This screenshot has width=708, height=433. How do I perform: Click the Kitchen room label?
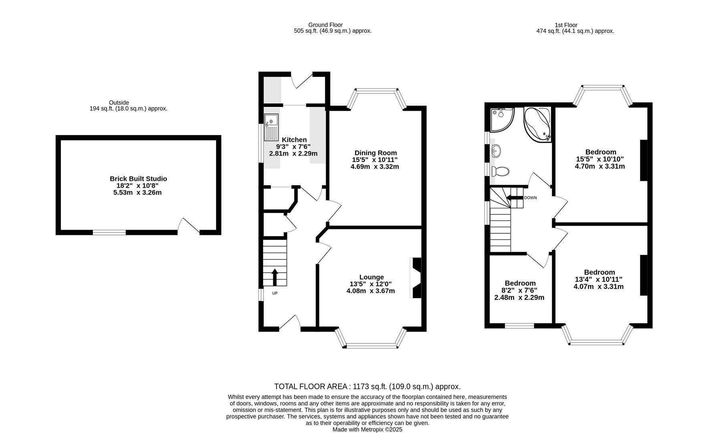[x=294, y=140]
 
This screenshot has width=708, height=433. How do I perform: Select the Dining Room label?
[x=375, y=153]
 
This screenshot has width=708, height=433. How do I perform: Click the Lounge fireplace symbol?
[x=416, y=278]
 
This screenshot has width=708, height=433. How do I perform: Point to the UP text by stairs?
[x=275, y=293]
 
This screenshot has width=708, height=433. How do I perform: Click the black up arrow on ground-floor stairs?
[x=275, y=277]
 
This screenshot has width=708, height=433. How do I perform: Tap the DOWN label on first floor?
[x=530, y=198]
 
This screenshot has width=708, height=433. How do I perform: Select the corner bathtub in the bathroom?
[x=537, y=124]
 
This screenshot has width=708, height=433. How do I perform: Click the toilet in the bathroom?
[x=500, y=172]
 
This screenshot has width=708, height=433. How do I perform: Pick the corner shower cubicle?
[x=501, y=119]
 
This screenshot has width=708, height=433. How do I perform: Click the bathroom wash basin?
[x=496, y=151]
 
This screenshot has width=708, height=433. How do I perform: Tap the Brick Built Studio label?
[x=138, y=179]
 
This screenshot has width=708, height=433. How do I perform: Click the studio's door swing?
[x=188, y=225]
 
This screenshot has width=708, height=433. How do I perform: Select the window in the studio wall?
[x=109, y=232]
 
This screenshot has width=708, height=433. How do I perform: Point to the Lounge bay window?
[x=371, y=344]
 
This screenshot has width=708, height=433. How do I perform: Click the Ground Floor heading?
[x=325, y=25]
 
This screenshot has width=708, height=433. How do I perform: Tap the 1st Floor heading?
[x=566, y=25]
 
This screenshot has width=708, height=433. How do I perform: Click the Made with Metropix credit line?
[x=367, y=429]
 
